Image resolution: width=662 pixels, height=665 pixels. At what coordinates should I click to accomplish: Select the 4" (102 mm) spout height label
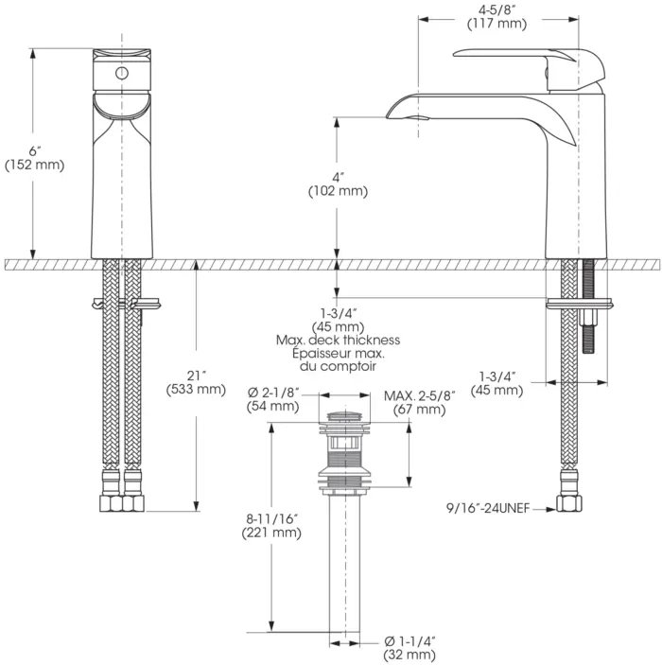[x=338, y=184]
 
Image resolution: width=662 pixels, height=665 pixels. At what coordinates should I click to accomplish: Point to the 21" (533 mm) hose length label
[x=196, y=381]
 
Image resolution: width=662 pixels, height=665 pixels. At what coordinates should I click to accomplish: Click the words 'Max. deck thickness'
[x=338, y=340]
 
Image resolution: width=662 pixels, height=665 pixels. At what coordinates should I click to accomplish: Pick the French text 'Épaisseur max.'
[x=338, y=353]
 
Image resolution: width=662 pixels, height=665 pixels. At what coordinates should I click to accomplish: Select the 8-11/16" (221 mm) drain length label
[x=272, y=526]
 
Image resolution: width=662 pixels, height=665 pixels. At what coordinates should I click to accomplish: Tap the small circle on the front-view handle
[x=121, y=73]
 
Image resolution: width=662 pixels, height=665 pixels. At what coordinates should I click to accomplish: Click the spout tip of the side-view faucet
[x=391, y=114]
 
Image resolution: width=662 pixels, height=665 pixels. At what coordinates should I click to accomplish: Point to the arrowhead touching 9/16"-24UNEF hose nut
[x=551, y=509]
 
